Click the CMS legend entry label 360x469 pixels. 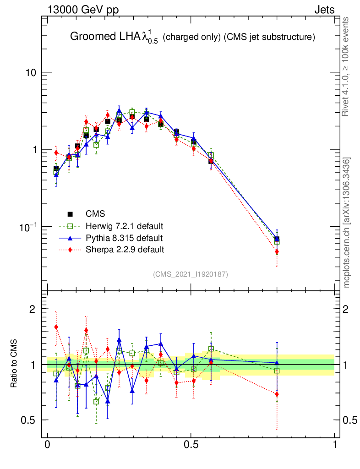95,214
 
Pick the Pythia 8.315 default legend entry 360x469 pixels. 124,238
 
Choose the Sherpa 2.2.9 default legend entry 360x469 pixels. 125,250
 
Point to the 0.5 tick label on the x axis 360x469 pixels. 191,445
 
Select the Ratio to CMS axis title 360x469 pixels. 14,364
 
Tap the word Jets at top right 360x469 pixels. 324,10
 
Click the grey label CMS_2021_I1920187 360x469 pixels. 190,274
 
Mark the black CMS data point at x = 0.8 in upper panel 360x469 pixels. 277,239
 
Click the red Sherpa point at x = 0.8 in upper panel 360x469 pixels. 277,251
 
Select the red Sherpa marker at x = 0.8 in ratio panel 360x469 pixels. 277,394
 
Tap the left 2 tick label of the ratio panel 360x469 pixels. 33,309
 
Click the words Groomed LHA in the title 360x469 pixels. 96,37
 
